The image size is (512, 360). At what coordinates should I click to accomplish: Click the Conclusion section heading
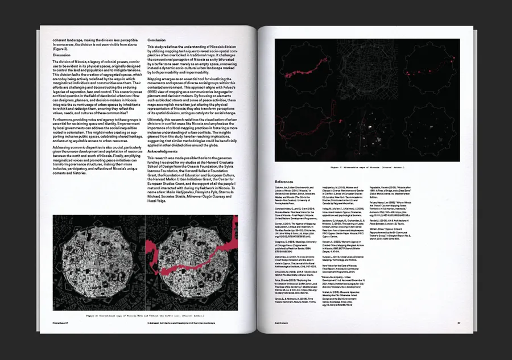(156, 40)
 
